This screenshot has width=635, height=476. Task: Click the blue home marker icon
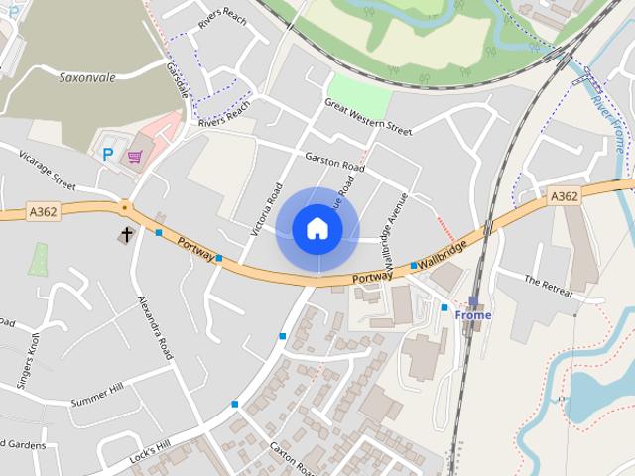point(317,229)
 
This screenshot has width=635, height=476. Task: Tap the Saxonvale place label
point(88,76)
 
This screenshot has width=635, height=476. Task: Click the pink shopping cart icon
point(134,156)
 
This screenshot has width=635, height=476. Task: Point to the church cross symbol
point(127,235)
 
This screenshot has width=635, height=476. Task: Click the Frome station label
point(473,315)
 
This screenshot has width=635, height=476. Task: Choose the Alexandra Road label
point(156,326)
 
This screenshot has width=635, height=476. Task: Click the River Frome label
point(609,124)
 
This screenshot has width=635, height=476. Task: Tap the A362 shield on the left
point(43,212)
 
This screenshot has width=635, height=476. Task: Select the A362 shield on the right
point(564,196)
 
